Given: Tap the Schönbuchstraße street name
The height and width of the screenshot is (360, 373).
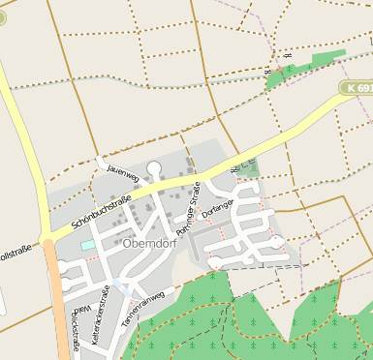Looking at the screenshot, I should coord(101,213).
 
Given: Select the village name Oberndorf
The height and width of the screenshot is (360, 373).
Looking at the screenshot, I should coord(149,244).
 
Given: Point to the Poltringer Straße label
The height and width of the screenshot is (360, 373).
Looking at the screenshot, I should coord(189,206).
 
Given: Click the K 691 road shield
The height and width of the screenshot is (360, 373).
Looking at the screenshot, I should coord(357,88).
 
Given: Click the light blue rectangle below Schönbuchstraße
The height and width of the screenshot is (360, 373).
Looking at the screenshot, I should coord(88,246).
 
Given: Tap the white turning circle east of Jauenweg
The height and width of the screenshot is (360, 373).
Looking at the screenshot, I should coord(154,167).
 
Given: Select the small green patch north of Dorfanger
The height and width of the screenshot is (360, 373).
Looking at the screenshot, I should coord(250,167).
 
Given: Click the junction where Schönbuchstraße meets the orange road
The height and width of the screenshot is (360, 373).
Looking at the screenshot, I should coord(47,239).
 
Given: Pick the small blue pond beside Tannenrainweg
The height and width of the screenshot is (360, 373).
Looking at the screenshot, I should coord(120,286).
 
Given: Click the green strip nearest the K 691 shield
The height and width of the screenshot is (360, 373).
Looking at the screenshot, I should coord(300,69).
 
